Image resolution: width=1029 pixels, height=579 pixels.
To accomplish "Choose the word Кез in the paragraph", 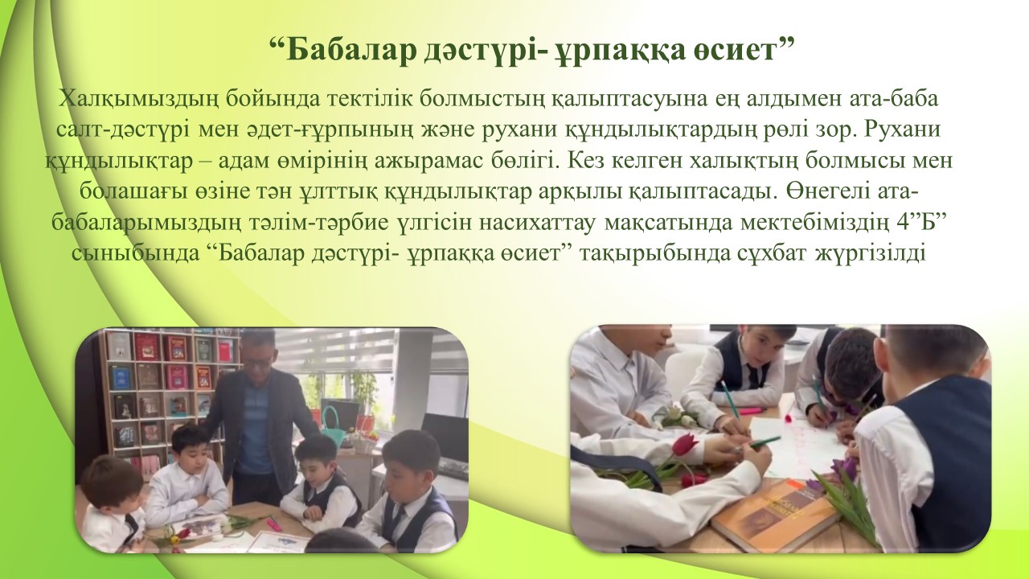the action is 587,160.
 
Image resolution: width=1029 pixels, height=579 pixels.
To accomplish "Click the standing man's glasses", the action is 258,362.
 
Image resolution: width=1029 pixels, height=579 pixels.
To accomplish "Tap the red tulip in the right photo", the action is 684,446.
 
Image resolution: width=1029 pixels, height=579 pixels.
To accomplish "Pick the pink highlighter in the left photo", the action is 275,523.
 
